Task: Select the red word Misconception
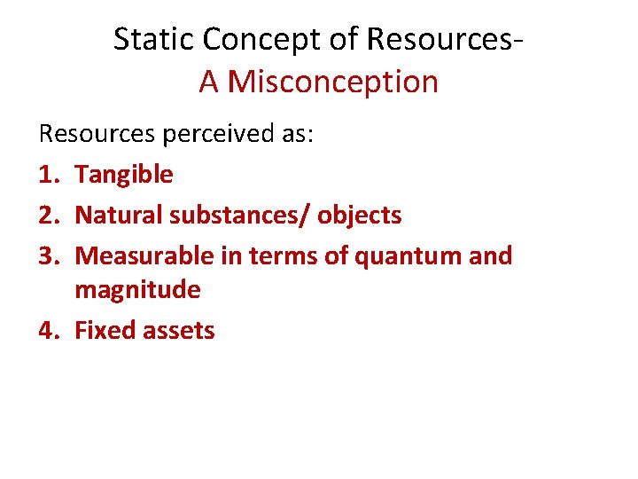coord(333,82)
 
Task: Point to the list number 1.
coord(48,174)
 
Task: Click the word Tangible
coord(124,175)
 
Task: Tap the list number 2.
coord(48,215)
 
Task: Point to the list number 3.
coord(48,255)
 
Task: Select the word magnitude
coord(137,290)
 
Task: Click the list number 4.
coord(48,330)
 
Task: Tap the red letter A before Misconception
coord(209,82)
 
